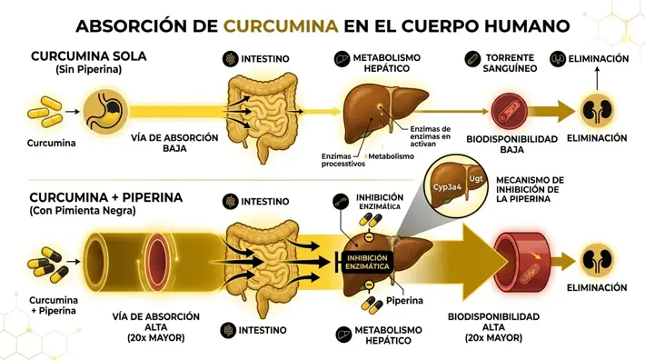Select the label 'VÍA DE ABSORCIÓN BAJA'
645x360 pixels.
[x=175, y=143]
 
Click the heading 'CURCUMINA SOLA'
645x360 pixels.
[x=88, y=56]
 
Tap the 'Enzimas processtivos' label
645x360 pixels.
[x=343, y=160]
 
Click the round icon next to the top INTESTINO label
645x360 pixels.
[x=231, y=59]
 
